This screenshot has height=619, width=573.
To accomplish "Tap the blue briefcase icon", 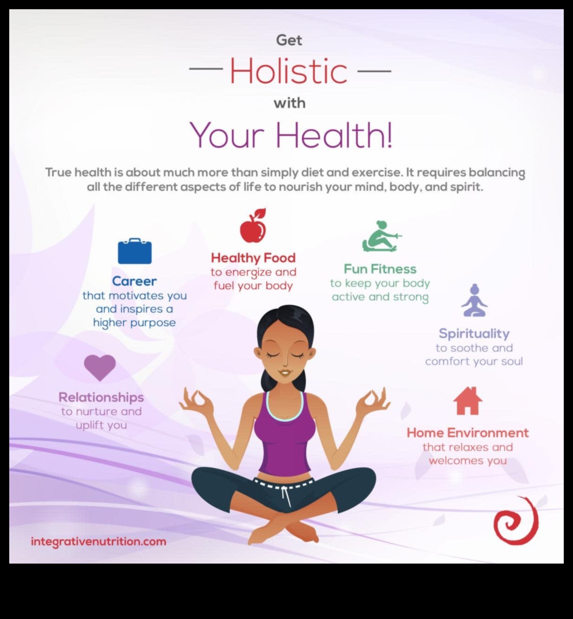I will click(x=134, y=252).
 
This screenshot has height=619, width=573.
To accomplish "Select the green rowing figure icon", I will click(x=380, y=237).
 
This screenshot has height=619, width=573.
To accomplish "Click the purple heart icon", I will click(x=100, y=367).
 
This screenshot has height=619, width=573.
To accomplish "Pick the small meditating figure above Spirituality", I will click(x=474, y=301).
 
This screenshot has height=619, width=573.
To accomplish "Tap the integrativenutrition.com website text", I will click(x=98, y=541).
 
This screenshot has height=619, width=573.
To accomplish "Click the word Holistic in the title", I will click(x=288, y=71).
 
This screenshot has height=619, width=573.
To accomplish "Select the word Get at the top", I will click(x=289, y=40).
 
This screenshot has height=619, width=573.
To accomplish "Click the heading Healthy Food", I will click(x=253, y=258).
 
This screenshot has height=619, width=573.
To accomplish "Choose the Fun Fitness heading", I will click(x=380, y=269).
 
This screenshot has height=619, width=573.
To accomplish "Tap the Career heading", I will click(x=134, y=281).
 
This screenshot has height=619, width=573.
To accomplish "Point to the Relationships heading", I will click(x=101, y=397).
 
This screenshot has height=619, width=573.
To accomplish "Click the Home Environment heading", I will click(x=467, y=433).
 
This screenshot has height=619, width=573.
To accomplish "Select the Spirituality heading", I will click(x=474, y=334).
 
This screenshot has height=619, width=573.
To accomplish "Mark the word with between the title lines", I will click(x=290, y=103).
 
